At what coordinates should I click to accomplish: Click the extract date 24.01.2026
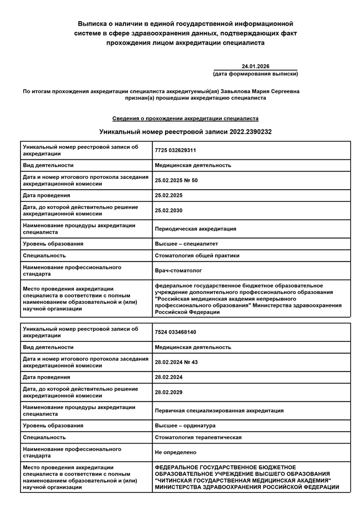click(256, 66)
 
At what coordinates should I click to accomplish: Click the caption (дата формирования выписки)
click(256, 74)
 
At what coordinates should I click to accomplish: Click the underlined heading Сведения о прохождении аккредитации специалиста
click(185, 118)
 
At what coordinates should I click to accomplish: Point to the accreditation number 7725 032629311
click(175, 150)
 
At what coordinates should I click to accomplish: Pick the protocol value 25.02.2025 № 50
click(176, 180)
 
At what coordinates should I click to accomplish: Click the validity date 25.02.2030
click(168, 210)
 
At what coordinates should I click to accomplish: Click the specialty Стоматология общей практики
click(197, 255)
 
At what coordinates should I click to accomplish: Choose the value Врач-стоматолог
click(178, 270)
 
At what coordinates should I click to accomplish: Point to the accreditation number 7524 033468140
click(175, 332)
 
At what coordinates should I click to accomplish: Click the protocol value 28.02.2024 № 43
click(176, 362)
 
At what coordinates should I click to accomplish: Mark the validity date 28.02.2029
click(168, 392)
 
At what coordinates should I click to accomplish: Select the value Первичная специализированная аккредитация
click(219, 411)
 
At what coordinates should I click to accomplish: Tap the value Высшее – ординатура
click(185, 426)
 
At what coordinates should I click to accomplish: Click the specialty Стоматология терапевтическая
click(198, 437)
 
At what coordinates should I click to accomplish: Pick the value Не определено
click(175, 452)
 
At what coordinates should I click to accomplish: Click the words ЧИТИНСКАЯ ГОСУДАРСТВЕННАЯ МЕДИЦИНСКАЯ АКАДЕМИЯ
click(243, 480)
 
